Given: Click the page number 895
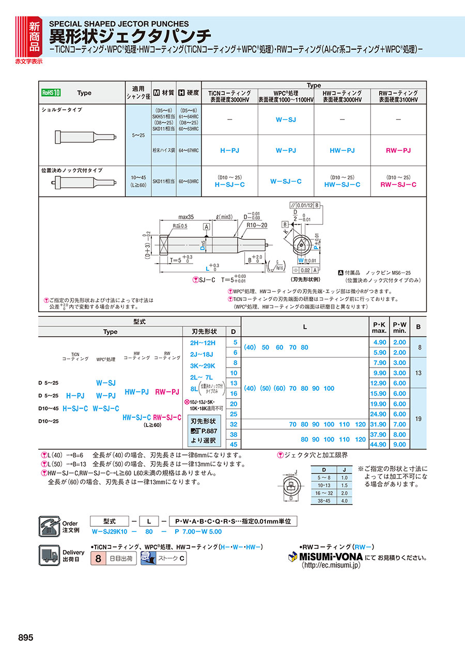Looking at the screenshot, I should pos(25,637).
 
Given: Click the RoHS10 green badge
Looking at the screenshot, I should pos(51,93).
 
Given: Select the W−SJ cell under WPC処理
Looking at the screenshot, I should pos(285,119).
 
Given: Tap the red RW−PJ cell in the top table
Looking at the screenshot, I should pos(398,150).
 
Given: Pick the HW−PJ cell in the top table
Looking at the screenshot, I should pos(342,150).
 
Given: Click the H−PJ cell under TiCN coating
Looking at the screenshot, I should pos(229,150).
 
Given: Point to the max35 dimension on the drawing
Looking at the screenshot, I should pos(185,217).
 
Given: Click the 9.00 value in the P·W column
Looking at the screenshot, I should pos(399,445).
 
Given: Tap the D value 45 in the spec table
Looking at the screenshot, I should pos(234,445).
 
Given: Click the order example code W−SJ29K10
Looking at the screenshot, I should pos(110,531).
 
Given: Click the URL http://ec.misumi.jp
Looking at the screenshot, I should pos(331,566).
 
